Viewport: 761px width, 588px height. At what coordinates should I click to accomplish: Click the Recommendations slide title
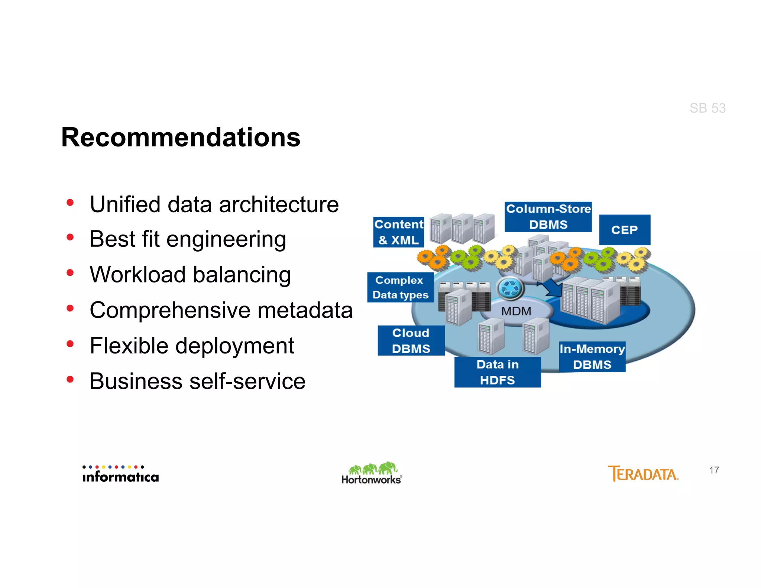[181, 138]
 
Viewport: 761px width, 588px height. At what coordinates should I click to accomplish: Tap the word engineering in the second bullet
[226, 240]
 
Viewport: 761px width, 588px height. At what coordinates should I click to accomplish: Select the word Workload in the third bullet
[137, 275]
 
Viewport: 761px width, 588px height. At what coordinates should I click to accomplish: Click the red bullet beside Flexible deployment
[70, 344]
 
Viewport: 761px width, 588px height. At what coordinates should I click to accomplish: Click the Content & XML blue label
[398, 232]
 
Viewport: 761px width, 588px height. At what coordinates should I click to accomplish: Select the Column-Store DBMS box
[548, 217]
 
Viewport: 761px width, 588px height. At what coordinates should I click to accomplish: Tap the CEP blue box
[624, 230]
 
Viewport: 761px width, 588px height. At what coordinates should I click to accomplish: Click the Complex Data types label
[400, 287]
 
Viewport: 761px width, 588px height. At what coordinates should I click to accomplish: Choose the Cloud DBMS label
[411, 340]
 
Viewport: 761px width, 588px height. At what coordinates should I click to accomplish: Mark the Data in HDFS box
[497, 372]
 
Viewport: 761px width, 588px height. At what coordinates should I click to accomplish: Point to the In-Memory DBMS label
[592, 356]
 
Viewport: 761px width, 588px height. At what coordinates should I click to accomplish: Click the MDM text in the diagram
[516, 311]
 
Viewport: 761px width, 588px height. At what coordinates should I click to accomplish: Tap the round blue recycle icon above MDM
[510, 288]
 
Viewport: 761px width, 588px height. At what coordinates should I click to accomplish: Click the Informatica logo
[120, 474]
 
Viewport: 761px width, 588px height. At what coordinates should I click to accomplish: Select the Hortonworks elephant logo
[372, 473]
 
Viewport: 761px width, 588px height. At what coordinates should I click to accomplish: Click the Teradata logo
[643, 474]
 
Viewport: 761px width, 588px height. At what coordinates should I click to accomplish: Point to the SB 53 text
[707, 108]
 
